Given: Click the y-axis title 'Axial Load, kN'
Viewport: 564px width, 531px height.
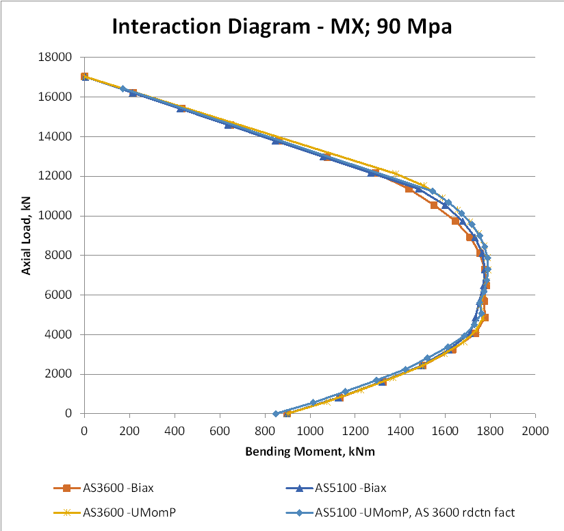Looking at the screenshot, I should click(26, 236).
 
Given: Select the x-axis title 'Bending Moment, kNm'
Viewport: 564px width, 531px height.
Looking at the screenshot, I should click(309, 452).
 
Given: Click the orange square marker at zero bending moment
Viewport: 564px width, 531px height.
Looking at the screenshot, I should click(84, 77).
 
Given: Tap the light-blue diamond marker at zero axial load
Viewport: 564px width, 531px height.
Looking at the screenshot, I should click(276, 413).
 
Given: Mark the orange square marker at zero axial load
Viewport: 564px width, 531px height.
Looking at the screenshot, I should click(287, 414).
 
